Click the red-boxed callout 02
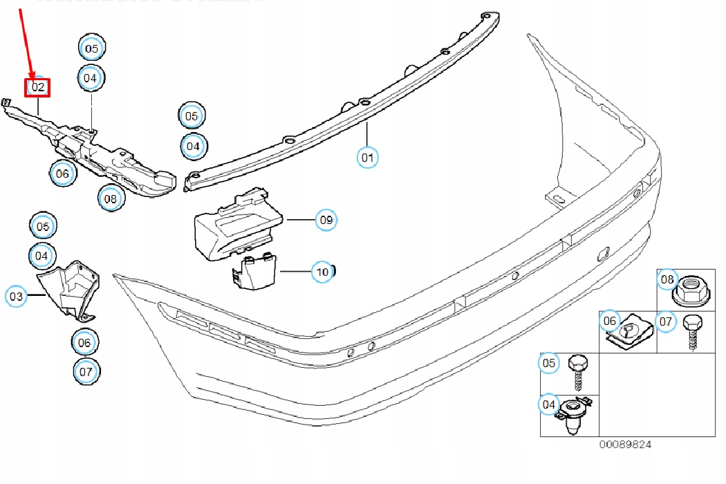pyautogui.click(x=37, y=87)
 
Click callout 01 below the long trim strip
pyautogui.click(x=368, y=157)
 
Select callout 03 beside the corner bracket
pyautogui.click(x=17, y=297)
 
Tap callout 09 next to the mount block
pyautogui.click(x=326, y=220)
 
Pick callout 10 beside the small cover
pyautogui.click(x=322, y=272)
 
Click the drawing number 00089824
pyautogui.click(x=625, y=445)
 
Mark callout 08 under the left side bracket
pyautogui.click(x=111, y=199)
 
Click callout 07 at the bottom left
pyautogui.click(x=86, y=371)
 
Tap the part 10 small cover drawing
pyautogui.click(x=254, y=272)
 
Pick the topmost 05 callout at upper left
pyautogui.click(x=92, y=48)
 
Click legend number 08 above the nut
pyautogui.click(x=667, y=279)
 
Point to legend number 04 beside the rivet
pyautogui.click(x=549, y=404)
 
